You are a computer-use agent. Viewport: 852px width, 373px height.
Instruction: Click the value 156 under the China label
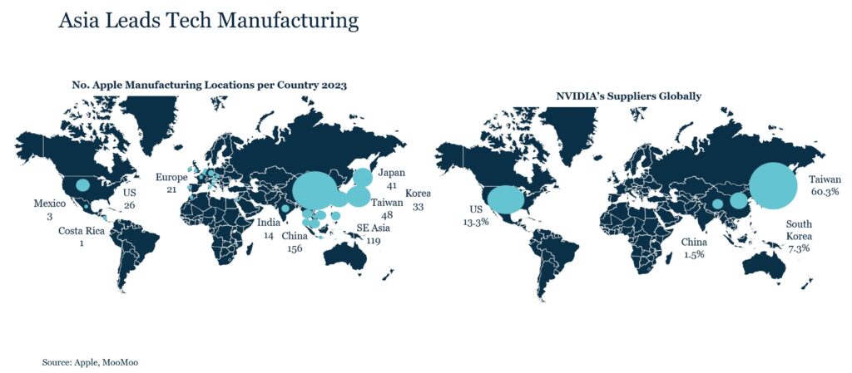[x=294, y=248]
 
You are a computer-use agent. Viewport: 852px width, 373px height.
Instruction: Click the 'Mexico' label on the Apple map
[x=49, y=204]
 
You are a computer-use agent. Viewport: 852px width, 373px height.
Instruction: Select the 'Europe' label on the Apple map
[x=171, y=178]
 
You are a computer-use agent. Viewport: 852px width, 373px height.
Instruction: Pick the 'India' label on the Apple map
[x=268, y=223]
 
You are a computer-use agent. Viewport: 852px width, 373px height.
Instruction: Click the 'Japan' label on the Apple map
[x=391, y=173]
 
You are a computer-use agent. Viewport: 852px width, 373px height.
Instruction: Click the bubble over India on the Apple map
[x=285, y=209]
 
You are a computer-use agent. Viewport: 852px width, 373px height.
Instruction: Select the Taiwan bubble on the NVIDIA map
[x=774, y=186]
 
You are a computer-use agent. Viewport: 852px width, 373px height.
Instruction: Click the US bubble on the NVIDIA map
[x=505, y=199]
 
